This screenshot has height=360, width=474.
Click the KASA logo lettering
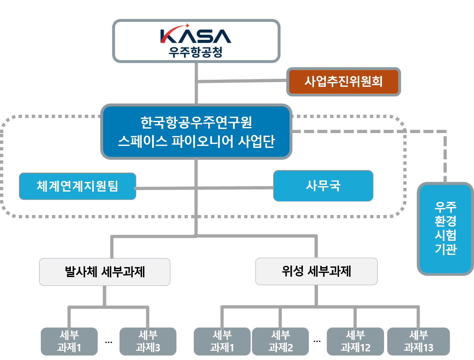point(196,36)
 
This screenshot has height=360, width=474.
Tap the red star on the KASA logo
point(187,26)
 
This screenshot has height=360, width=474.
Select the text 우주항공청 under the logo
point(196,52)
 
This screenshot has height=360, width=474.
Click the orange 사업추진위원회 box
point(344,82)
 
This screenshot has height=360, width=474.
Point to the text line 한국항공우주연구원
point(196,122)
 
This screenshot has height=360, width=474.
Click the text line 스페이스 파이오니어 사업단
point(196,141)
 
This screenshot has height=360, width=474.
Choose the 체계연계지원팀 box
point(77,186)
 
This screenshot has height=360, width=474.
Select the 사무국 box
point(323,186)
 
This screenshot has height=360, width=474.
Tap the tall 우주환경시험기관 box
point(445,228)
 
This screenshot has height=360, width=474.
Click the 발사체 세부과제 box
point(105,272)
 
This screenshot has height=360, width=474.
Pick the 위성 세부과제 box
point(316,271)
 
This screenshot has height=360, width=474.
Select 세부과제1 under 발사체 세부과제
point(69,341)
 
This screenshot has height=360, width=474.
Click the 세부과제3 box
point(148,341)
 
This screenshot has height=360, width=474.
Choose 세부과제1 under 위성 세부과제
point(222,341)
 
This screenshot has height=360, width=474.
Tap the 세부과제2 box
point(280,341)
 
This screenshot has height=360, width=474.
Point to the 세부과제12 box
point(355,341)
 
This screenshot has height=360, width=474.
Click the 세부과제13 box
point(418,341)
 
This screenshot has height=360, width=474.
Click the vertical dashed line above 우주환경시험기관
point(445,157)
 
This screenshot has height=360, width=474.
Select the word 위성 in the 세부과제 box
point(292,271)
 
